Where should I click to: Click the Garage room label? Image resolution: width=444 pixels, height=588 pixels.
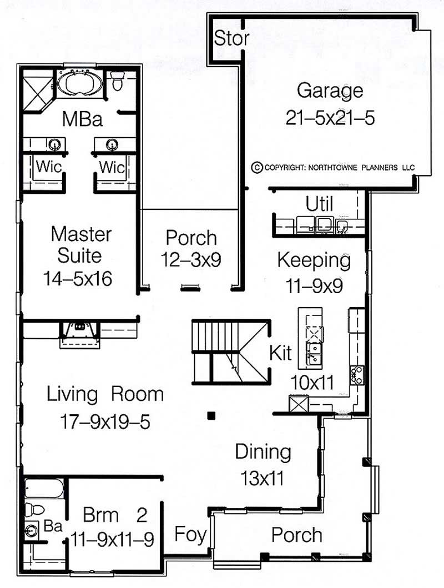pos(330,90)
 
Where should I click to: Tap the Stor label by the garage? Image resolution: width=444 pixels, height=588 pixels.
pos(231,39)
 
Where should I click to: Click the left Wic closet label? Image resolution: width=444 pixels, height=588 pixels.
pos(48,167)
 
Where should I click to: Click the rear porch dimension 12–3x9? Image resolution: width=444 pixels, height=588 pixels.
pos(191,259)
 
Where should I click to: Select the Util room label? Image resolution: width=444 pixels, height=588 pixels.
pos(320,204)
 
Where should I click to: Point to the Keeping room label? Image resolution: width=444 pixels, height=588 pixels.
pos(314,259)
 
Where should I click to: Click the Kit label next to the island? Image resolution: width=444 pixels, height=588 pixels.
pos(281,353)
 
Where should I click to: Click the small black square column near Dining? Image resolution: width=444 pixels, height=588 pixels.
pos(211,415)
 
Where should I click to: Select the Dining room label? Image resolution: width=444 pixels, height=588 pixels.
pos(263,451)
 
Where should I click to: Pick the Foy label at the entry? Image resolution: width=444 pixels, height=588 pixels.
pos(190,535)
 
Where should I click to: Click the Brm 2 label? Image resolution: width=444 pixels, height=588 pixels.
pos(115,515)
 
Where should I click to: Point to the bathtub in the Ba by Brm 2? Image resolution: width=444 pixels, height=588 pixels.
pos(44,490)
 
